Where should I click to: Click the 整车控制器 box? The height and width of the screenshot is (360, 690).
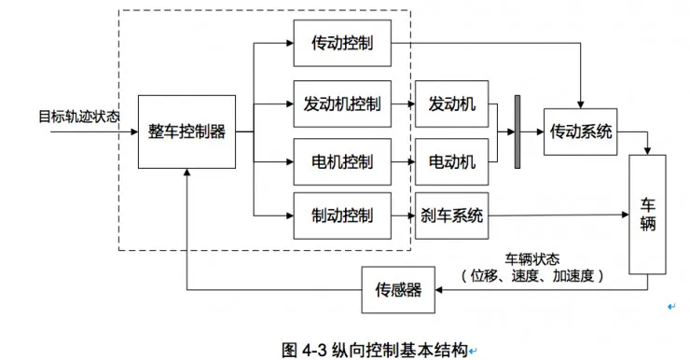[186, 132]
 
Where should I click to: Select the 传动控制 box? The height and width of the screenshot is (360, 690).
[342, 44]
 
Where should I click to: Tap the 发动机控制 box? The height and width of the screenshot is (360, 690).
[342, 104]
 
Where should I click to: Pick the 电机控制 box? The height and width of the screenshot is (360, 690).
[342, 161]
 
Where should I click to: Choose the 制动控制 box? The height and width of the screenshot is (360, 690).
[342, 216]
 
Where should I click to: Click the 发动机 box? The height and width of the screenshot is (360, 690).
[451, 104]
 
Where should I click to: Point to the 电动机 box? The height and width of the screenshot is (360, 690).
[451, 161]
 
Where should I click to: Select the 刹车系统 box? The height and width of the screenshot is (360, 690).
[451, 216]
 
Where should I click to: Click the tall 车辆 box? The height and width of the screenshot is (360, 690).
[648, 215]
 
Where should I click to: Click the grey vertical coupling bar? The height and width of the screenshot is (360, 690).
[517, 132]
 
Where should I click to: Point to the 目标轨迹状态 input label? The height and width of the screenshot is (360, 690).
[78, 117]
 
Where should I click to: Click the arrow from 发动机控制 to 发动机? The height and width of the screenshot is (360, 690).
[403, 104]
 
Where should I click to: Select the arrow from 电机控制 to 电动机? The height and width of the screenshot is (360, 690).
[403, 161]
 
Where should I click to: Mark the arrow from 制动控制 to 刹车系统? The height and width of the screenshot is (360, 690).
[403, 216]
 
